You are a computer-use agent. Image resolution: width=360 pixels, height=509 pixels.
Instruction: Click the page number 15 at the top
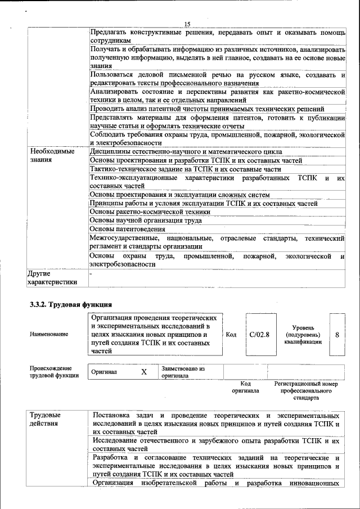pos(187,24)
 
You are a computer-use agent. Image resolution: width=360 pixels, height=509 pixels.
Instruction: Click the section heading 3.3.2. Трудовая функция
pos(65,305)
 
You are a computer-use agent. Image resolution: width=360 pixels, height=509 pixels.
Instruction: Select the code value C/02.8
pos(259,334)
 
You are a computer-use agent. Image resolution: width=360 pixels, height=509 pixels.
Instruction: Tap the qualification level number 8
pos(337,334)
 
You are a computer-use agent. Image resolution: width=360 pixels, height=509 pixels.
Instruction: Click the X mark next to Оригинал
pos(143,372)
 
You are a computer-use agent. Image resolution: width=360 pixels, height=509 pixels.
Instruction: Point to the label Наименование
pos(49,334)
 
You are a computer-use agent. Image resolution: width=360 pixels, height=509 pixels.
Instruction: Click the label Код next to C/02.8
pos(231,334)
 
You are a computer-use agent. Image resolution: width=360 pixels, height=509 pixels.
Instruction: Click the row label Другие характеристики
pos(52,277)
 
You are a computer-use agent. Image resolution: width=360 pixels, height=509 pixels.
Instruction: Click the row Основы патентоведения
pos(128,229)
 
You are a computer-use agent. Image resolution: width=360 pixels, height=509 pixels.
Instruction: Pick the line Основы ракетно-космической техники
pos(150,212)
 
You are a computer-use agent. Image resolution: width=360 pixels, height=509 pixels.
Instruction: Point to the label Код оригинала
pos(245,387)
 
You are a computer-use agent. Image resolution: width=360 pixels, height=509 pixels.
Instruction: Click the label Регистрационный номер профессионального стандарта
pos(306,390)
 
